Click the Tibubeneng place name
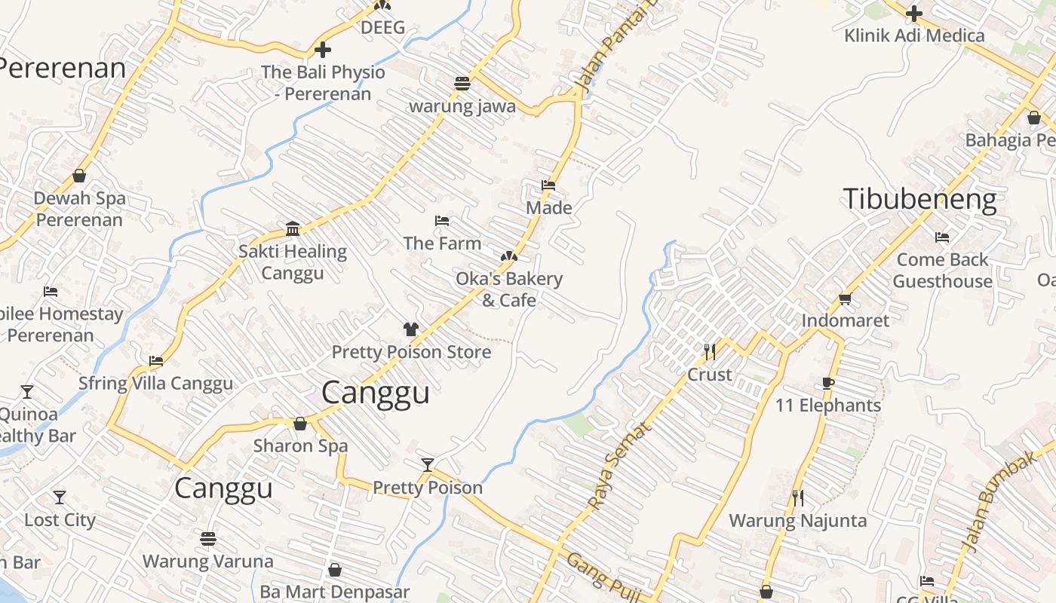click(x=919, y=200)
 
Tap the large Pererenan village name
click(x=62, y=68)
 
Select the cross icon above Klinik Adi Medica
click(x=914, y=14)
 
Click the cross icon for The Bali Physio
click(x=323, y=51)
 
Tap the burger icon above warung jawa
click(x=462, y=83)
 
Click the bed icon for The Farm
click(x=442, y=221)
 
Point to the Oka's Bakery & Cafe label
click(x=509, y=289)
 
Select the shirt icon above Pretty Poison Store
click(x=411, y=329)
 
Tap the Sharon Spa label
click(x=300, y=445)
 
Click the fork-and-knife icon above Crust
click(x=709, y=351)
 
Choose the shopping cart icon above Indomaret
click(x=845, y=298)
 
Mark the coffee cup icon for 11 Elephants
click(x=828, y=384)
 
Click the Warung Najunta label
click(x=797, y=520)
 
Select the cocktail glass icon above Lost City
click(x=60, y=497)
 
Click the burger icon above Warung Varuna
click(x=208, y=539)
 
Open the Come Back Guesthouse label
click(x=942, y=270)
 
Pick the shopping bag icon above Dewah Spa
click(x=79, y=176)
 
